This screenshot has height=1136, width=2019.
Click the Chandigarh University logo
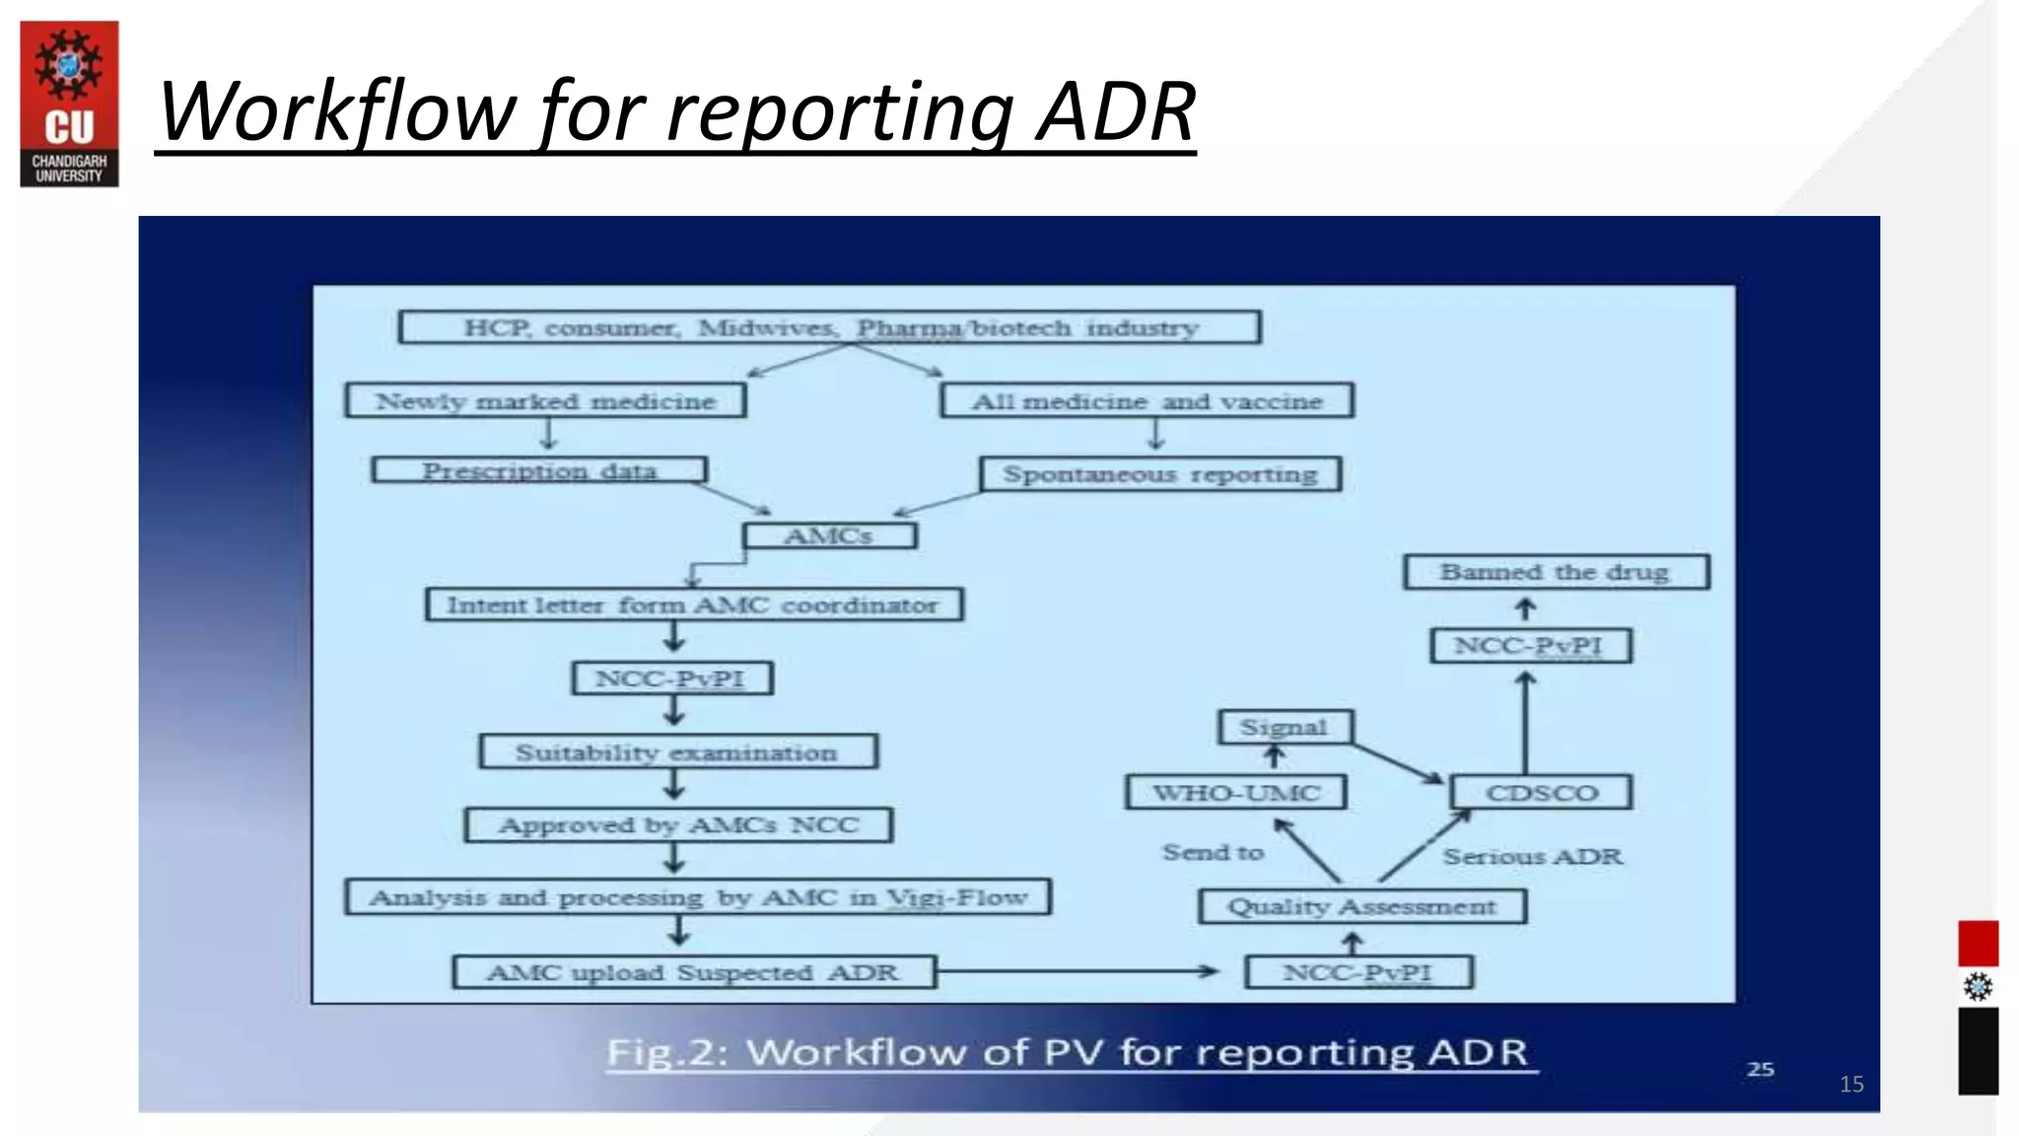[69, 104]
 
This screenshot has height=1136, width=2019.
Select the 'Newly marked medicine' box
[545, 401]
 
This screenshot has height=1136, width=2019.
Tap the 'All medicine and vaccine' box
[1147, 401]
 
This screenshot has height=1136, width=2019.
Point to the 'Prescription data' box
[539, 470]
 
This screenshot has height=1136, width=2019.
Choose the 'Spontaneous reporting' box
[1160, 474]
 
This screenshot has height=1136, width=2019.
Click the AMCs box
[829, 535]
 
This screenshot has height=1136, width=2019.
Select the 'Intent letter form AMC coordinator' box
[694, 604]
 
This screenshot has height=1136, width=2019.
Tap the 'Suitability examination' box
[677, 751]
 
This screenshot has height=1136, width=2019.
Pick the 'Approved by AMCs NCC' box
[678, 824]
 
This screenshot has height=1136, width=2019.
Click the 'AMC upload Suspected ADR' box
[693, 972]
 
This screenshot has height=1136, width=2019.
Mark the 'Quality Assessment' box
[1362, 906]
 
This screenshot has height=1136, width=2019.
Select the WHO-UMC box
[1235, 793]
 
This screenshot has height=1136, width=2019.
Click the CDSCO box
[1541, 793]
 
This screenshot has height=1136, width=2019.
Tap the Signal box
[1285, 728]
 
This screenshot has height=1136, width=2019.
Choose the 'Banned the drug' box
[1556, 572]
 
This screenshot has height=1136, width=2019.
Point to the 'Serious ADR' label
[1532, 856]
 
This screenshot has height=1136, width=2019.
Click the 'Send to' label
[1213, 852]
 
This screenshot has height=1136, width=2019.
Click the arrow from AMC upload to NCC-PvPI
[1075, 971]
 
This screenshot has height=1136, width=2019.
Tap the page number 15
[1851, 1085]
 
